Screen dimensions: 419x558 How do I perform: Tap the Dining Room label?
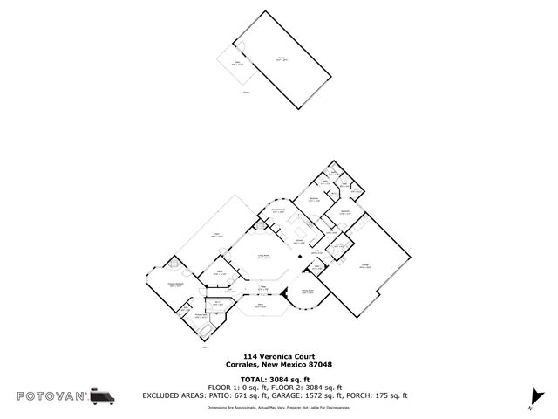click(x=307, y=292)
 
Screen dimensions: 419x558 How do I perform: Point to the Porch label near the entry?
click(x=260, y=306)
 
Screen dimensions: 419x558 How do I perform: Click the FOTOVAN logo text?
click(x=51, y=395)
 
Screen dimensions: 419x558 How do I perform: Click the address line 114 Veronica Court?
click(x=279, y=357)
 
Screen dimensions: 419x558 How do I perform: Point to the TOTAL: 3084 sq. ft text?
click(x=279, y=380)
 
